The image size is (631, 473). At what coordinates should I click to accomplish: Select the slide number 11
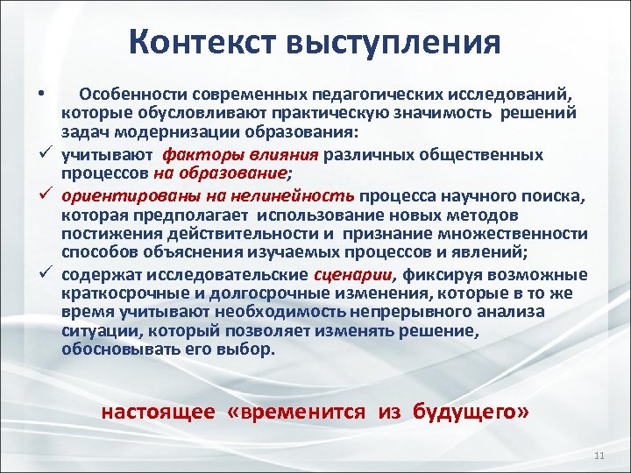(599, 456)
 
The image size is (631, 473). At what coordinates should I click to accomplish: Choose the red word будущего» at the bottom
(479, 412)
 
